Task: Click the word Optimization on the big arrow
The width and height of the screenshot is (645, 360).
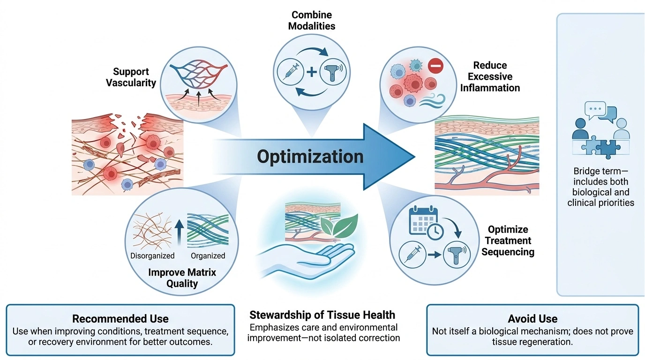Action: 310,157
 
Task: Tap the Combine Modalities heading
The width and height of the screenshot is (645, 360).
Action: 312,21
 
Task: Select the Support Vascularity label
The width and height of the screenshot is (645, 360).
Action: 131,77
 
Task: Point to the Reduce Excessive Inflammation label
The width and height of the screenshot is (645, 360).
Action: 490,76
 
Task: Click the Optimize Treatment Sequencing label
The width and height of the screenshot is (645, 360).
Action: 508,240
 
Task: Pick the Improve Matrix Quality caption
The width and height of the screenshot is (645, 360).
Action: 182,278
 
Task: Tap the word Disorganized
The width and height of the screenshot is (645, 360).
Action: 152,256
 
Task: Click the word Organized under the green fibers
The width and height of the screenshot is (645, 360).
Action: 208,256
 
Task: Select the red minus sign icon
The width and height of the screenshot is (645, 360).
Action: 435,66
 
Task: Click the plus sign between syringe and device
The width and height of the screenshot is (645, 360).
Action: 312,72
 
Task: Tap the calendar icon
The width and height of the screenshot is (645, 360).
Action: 422,220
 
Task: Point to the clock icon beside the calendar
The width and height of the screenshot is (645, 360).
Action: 435,231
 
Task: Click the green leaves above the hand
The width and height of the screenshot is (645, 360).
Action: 340,226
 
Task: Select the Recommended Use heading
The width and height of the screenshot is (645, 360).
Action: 120,319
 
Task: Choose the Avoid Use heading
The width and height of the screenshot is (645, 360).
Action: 532,319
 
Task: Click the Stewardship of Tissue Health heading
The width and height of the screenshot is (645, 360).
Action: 322,315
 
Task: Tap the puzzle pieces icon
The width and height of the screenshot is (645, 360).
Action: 600,147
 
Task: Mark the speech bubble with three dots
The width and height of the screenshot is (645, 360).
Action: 595,110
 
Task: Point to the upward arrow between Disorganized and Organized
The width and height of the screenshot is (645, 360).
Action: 179,232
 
